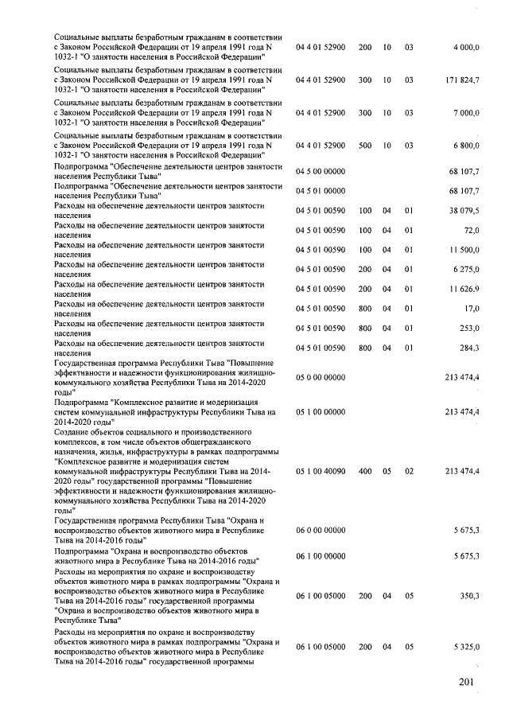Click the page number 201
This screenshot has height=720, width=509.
tap(470, 683)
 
